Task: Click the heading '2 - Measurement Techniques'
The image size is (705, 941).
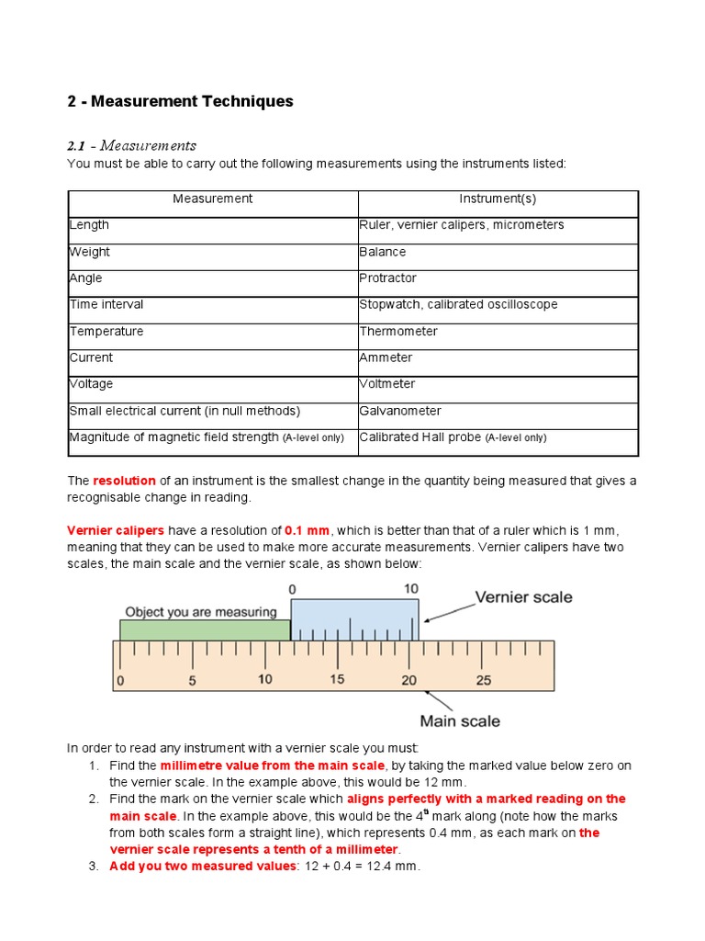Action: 180,101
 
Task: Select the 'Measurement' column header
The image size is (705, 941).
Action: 212,198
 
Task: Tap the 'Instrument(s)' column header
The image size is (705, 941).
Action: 498,198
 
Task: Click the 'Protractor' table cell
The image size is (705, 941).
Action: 388,278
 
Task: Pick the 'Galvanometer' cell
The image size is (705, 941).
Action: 400,411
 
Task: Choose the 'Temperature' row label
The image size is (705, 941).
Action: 106,332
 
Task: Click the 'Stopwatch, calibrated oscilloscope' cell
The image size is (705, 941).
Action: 458,305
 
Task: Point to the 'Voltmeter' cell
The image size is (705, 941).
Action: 387,384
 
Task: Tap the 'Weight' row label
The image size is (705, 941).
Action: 90,252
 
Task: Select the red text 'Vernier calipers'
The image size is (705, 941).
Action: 116,531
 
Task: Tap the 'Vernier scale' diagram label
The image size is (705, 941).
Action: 522,597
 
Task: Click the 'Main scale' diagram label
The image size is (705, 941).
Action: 460,721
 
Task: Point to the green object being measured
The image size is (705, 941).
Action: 204,629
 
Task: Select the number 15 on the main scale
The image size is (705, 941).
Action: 337,680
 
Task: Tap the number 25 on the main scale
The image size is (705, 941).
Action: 483,681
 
